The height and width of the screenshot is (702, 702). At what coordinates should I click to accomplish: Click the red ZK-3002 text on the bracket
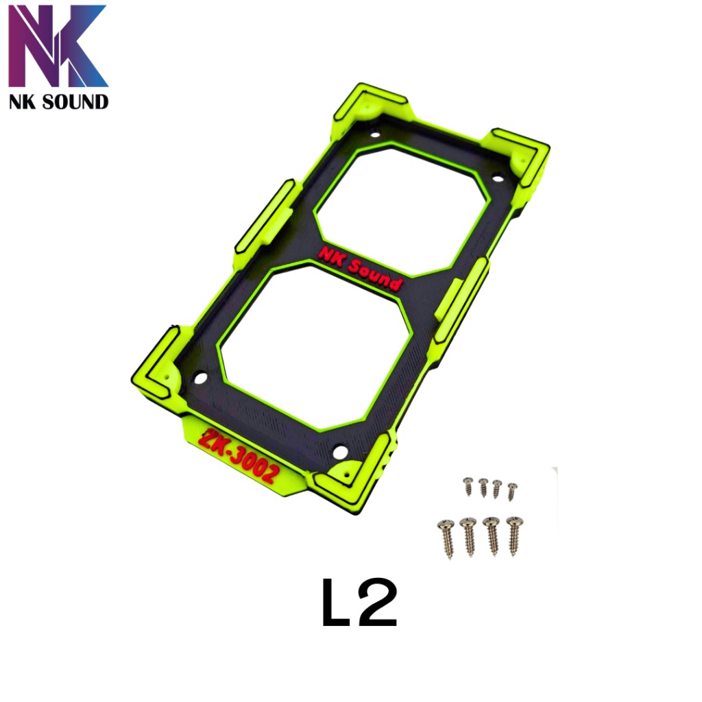[239, 455]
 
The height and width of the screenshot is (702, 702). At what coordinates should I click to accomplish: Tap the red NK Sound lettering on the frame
[361, 268]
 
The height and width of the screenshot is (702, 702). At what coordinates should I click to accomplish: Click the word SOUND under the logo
[75, 102]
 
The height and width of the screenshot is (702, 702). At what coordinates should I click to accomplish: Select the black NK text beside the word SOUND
[23, 102]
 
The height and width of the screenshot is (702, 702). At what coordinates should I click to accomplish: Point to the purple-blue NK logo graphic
[58, 46]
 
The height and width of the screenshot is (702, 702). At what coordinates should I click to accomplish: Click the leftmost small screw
[468, 486]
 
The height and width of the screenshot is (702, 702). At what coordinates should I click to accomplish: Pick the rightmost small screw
[512, 492]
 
